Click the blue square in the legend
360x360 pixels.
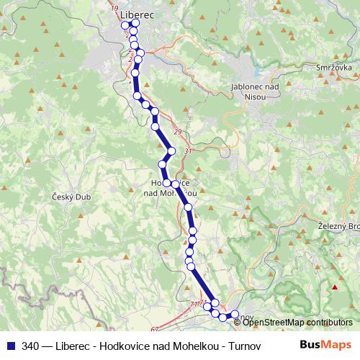(x=11, y=345)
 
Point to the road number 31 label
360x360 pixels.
(x=189, y=151)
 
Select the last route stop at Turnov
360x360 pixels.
(x=234, y=314)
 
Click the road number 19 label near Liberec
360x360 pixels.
(x=115, y=7)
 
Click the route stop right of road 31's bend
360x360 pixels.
(x=171, y=151)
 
